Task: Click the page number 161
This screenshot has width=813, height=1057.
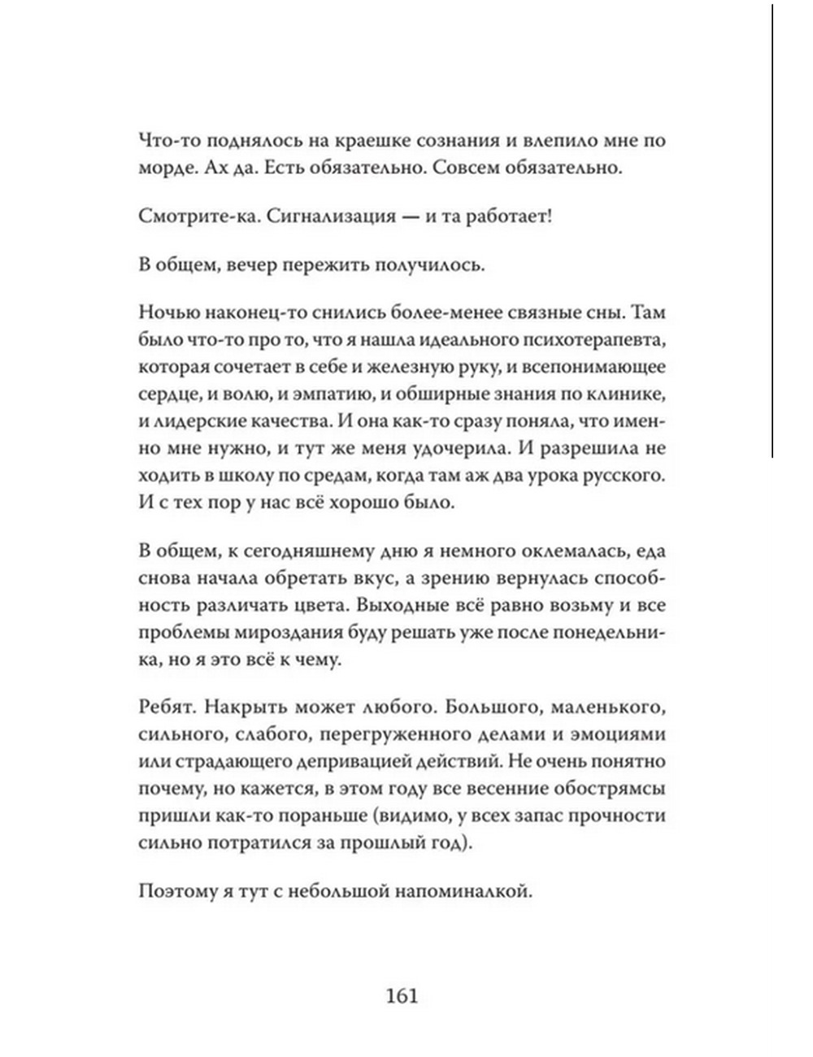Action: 402,995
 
